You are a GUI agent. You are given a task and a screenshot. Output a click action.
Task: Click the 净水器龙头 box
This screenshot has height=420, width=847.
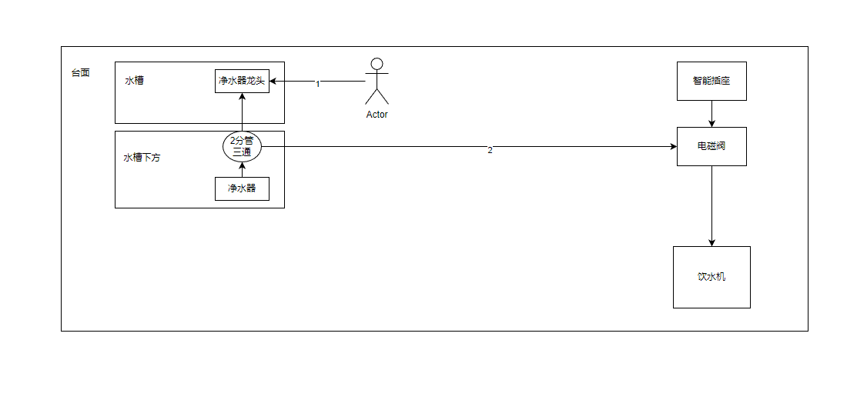(x=242, y=81)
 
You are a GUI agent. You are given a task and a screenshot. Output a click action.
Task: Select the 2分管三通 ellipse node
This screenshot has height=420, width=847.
(x=242, y=146)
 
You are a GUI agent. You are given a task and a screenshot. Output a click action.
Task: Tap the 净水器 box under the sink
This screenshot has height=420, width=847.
(x=242, y=188)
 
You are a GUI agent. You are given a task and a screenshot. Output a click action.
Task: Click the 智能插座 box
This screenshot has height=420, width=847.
(x=711, y=81)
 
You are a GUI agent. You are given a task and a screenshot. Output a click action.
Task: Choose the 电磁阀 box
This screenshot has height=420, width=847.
(x=711, y=146)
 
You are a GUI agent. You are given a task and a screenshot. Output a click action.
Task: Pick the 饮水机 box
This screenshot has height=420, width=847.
(x=711, y=277)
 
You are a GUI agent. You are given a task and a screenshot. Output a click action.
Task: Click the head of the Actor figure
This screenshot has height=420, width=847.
(x=377, y=64)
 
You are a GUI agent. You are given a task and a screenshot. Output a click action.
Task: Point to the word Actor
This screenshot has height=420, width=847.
(x=377, y=115)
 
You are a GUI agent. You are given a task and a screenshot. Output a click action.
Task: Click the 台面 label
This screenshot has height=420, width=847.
(x=80, y=73)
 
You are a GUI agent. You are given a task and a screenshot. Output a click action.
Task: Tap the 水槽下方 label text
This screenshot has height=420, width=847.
(x=142, y=158)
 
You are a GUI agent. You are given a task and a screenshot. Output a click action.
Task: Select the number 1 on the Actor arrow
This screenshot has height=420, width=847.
(x=317, y=84)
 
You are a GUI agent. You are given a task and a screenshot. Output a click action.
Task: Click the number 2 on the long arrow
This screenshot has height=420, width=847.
(x=490, y=150)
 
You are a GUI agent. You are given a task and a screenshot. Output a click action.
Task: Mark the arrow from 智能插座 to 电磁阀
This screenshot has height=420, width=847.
(x=711, y=113)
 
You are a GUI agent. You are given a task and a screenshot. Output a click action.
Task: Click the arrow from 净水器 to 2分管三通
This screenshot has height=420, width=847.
(x=242, y=169)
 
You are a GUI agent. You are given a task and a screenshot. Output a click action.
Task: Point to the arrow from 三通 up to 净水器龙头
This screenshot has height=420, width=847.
(x=242, y=112)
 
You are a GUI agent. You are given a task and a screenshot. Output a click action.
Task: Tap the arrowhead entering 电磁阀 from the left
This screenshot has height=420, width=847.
(x=672, y=146)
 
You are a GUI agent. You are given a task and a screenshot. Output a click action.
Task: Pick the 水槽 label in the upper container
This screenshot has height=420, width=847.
(x=134, y=80)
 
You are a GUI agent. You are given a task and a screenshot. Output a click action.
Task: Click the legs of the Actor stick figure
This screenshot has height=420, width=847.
(x=377, y=96)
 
